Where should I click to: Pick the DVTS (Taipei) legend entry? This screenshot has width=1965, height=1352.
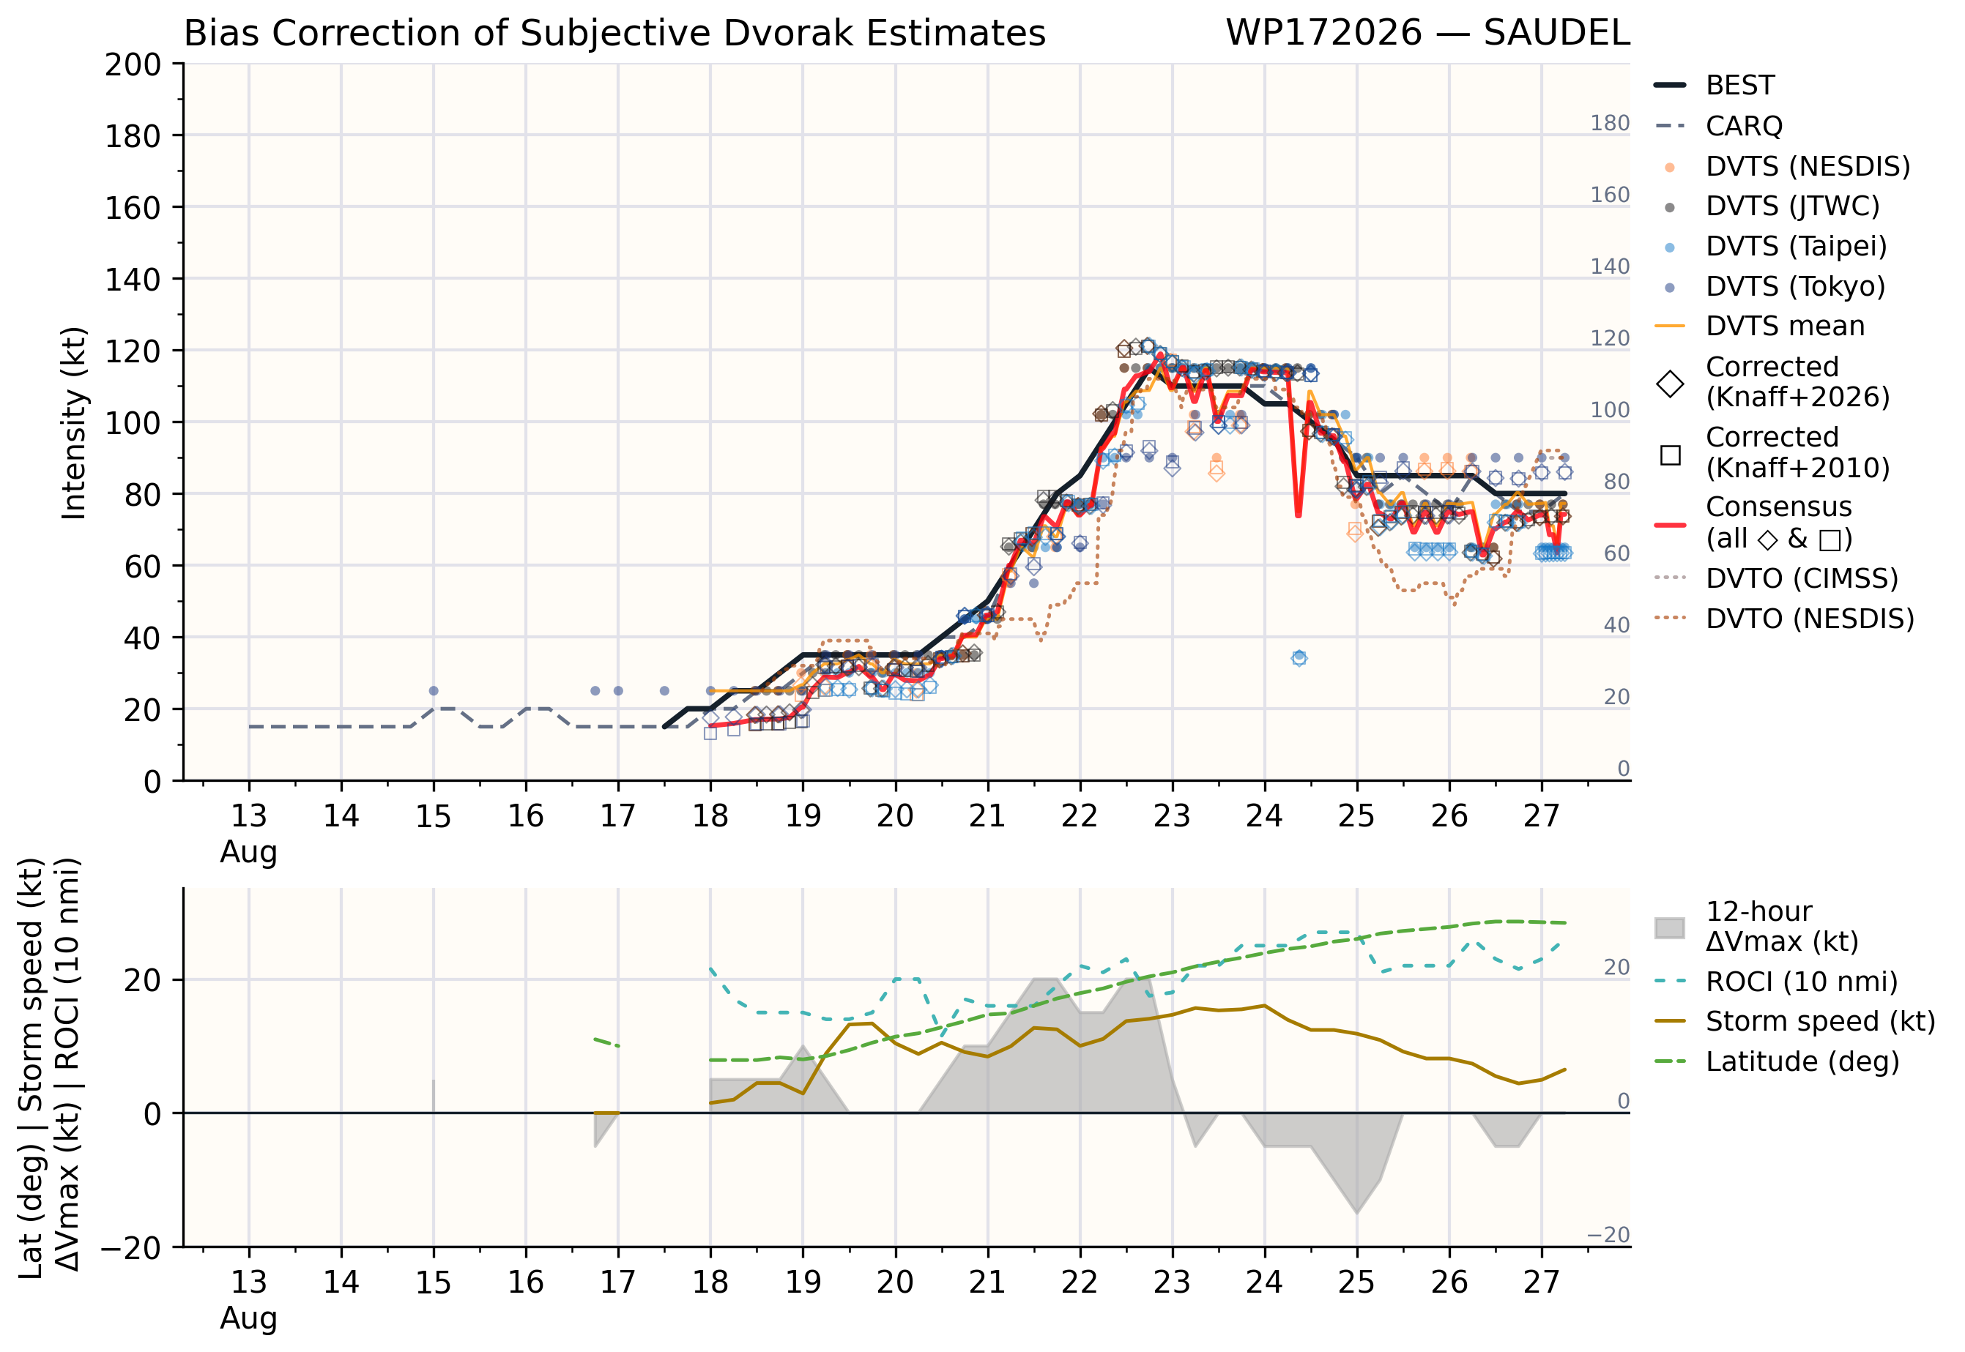1770,247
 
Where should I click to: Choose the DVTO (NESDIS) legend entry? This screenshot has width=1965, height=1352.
1783,619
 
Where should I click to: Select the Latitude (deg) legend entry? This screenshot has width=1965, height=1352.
1776,1061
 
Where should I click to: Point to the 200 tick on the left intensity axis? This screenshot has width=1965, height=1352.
133,64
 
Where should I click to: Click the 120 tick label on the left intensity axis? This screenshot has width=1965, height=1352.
133,351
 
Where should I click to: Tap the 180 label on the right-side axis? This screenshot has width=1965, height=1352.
1609,124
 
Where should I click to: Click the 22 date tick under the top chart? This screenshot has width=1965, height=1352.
1080,815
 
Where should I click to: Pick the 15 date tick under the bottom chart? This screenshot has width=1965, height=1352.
433,1282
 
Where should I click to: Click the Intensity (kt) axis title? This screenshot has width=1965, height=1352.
75,422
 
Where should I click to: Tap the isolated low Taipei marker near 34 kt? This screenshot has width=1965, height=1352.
1299,658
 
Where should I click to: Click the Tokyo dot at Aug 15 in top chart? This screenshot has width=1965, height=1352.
434,691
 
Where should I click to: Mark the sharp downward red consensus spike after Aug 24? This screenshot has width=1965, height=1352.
1298,513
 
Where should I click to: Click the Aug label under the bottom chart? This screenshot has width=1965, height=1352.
248,1318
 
